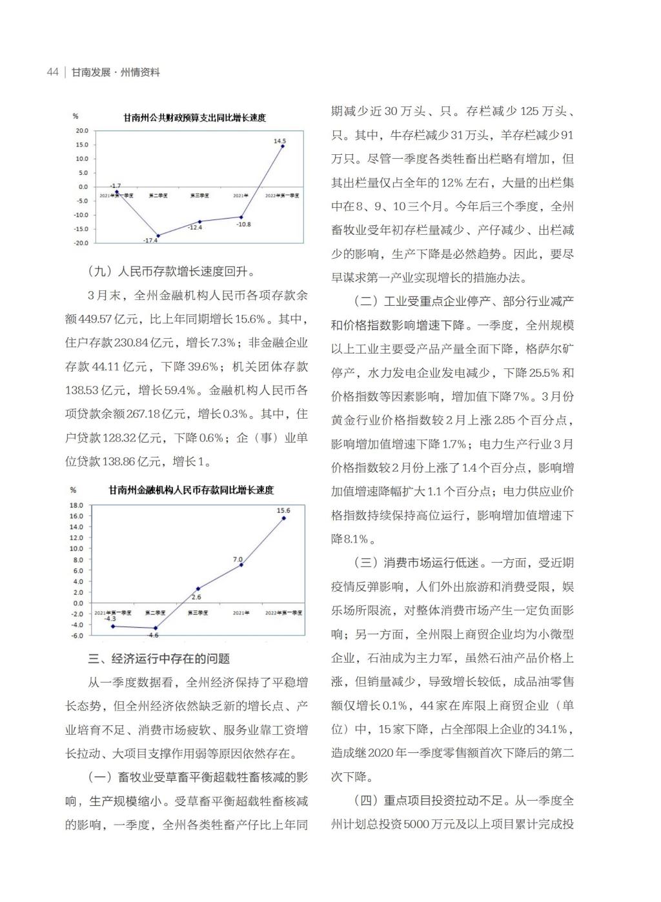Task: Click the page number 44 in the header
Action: pyautogui.click(x=53, y=72)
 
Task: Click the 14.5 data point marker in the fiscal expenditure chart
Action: pyautogui.click(x=282, y=146)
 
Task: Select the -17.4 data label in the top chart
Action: pyautogui.click(x=150, y=241)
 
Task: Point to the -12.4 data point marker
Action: pyautogui.click(x=199, y=221)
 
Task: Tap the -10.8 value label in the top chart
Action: pyautogui.click(x=243, y=225)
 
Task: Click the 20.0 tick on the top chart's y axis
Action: pyautogui.click(x=82, y=130)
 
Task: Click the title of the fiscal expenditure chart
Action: pyautogui.click(x=195, y=118)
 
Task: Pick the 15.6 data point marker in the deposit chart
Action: pyautogui.click(x=283, y=517)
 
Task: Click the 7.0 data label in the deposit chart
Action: pyautogui.click(x=238, y=559)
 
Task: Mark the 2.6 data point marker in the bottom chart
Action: pyautogui.click(x=198, y=588)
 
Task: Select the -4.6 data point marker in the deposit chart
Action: pyautogui.click(x=155, y=628)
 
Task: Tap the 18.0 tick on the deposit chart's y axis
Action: pyautogui.click(x=77, y=505)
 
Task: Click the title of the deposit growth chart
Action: pyautogui.click(x=191, y=490)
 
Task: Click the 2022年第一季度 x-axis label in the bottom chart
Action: pyautogui.click(x=283, y=612)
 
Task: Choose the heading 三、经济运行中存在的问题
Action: pyautogui.click(x=159, y=659)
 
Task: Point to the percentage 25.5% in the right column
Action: pyautogui.click(x=544, y=373)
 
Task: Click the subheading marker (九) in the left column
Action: pyautogui.click(x=99, y=272)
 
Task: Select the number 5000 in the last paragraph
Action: pyautogui.click(x=418, y=825)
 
